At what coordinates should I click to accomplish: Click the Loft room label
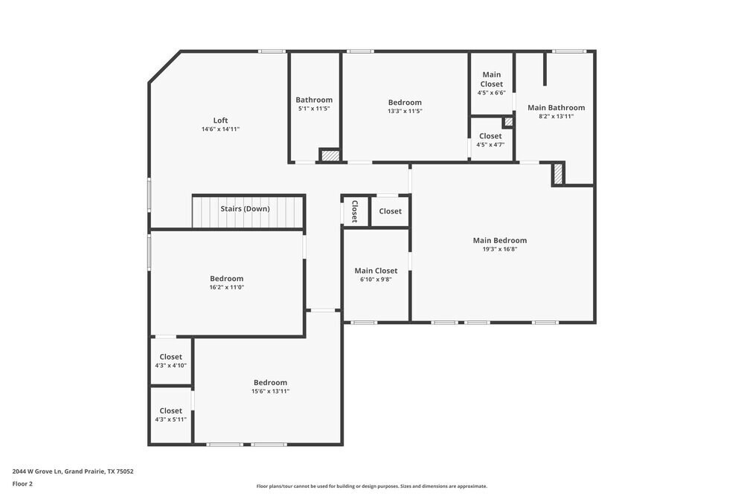tap(220, 120)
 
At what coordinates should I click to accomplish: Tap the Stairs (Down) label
tap(245, 209)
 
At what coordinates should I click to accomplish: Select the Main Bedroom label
tap(500, 240)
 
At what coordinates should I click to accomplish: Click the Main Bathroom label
tap(556, 108)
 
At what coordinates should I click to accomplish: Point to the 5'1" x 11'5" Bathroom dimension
tap(314, 109)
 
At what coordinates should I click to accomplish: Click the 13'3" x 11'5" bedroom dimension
tap(405, 112)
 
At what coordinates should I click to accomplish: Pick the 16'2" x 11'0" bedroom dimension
tap(226, 287)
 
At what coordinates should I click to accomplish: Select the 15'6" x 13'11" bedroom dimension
tap(269, 391)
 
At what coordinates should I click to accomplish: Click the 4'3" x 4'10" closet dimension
tap(170, 365)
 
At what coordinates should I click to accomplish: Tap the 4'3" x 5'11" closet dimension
tap(170, 419)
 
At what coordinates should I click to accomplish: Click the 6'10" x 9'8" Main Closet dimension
tap(376, 280)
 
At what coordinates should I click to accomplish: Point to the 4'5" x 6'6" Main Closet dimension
tap(491, 93)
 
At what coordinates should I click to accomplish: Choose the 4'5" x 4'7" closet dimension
tap(490, 145)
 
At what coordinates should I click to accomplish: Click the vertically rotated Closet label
tap(355, 211)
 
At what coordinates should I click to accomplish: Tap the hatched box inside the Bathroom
tap(330, 155)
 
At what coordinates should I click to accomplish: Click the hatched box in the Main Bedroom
tap(558, 174)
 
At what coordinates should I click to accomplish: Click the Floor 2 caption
tap(22, 483)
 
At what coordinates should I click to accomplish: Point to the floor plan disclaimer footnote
tap(372, 486)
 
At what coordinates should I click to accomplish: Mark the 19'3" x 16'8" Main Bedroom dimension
tap(500, 250)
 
